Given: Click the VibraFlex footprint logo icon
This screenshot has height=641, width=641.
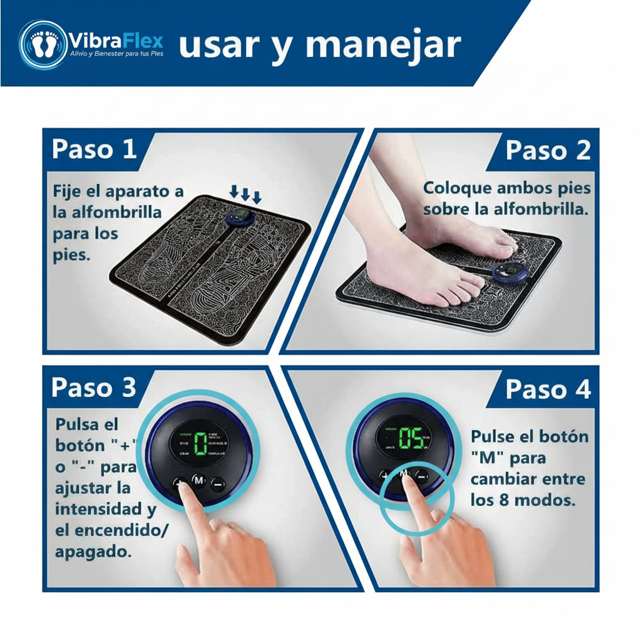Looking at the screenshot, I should pos(43,44).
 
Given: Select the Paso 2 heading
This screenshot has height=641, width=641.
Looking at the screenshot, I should pos(548,150).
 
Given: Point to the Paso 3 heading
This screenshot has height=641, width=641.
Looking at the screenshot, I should pos(94,387).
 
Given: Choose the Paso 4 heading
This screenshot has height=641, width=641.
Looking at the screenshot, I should pos(548,389).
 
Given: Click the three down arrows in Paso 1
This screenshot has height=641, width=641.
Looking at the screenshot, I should pos(245,193).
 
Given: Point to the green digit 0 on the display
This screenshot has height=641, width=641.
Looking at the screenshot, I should pos(200,444).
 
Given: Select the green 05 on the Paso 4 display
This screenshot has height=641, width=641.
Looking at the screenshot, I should pos(411,439).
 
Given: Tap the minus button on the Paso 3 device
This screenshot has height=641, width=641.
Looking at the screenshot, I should pos(217,483).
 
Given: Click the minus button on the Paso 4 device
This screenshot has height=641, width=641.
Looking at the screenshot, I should pos(421,476).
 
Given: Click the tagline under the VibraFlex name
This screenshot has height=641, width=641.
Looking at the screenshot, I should pos(116,55).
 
